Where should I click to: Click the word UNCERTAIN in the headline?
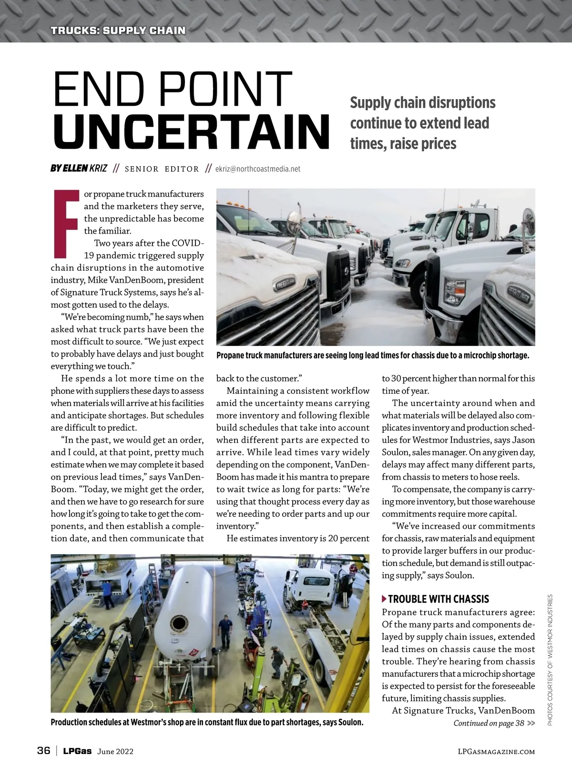(192, 131)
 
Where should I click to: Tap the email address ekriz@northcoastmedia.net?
(258, 169)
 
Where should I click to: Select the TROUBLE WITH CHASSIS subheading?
(439, 599)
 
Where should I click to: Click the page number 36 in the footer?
(43, 751)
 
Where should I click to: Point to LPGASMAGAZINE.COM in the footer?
(496, 752)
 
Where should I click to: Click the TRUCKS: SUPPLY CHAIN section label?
(118, 31)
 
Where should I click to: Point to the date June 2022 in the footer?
(115, 752)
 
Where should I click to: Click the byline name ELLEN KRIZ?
(79, 168)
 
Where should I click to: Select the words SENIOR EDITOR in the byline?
(162, 169)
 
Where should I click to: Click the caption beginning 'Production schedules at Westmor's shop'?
(207, 722)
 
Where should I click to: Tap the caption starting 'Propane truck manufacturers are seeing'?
(372, 356)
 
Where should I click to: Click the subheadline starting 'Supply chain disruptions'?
(422, 123)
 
